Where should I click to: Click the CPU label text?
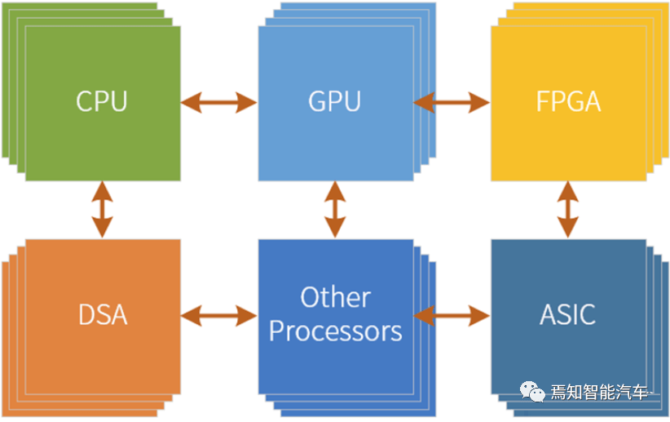102,102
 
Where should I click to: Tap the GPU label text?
335,102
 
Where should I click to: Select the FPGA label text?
568,102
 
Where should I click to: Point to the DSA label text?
102,314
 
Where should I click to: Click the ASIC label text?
568,314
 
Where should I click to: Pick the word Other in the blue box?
335,297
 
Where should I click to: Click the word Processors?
335,331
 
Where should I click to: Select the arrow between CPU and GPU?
218,102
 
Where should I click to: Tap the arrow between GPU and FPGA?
452,102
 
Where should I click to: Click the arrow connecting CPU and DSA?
102,210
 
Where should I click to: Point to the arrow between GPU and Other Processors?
335,210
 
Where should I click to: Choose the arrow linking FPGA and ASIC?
568,210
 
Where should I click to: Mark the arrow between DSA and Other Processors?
218,314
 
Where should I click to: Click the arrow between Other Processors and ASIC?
452,314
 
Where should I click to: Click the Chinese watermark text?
602,393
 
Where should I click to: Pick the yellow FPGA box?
568,147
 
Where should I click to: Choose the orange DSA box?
102,359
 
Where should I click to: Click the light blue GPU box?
335,147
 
